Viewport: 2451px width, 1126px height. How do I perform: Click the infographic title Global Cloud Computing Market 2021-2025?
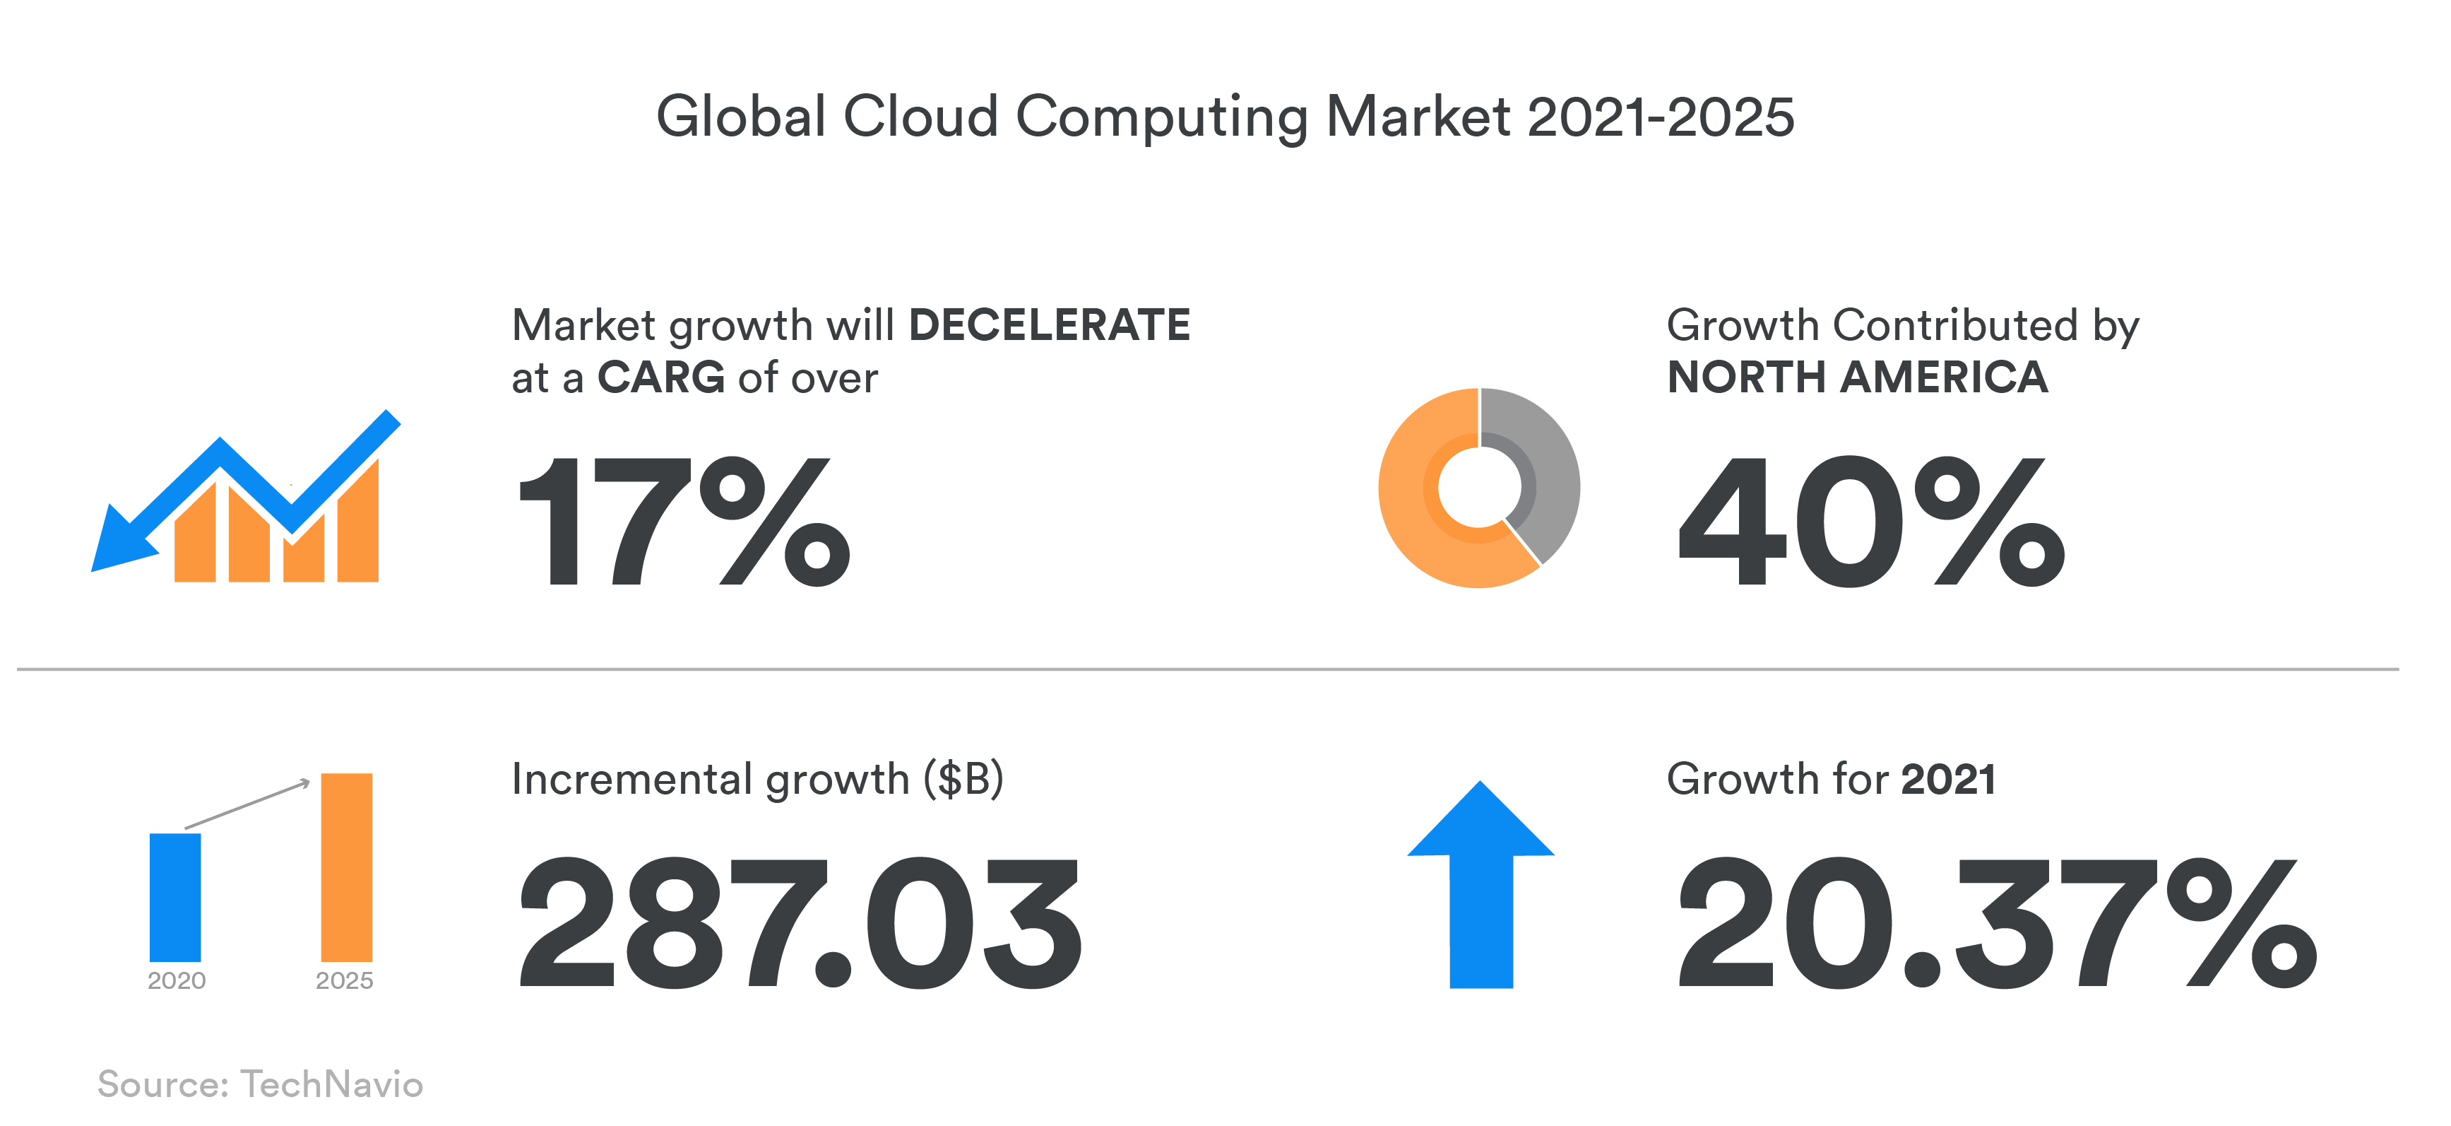pyautogui.click(x=1225, y=117)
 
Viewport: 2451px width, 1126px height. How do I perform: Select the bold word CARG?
pyautogui.click(x=660, y=378)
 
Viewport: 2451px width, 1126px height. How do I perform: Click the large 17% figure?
pyautogui.click(x=682, y=521)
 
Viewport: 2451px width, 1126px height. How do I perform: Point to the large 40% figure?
pyautogui.click(x=1870, y=521)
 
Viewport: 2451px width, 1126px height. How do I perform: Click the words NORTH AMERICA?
pyautogui.click(x=1856, y=378)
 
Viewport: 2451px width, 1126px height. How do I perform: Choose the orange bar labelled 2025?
pyautogui.click(x=346, y=866)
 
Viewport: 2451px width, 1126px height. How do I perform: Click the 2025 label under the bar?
pyautogui.click(x=345, y=980)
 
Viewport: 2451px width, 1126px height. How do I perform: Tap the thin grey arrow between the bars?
pyautogui.click(x=247, y=804)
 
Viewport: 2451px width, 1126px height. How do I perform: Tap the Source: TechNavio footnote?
pyautogui.click(x=260, y=1084)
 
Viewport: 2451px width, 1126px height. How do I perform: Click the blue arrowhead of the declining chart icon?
pyautogui.click(x=119, y=543)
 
